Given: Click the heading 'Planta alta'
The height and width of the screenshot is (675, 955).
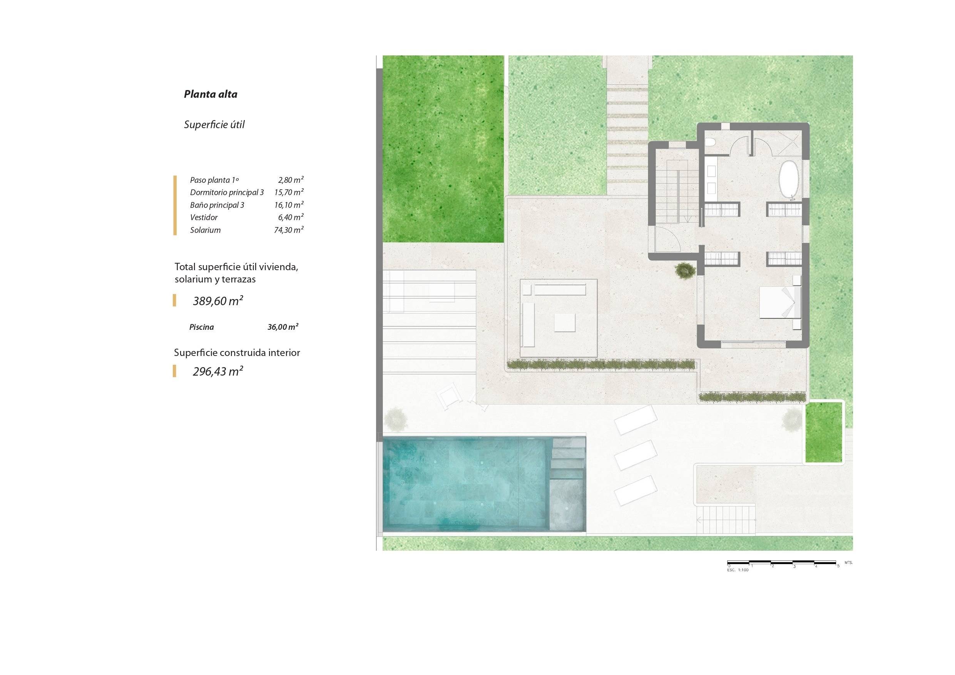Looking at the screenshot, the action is click(x=211, y=94).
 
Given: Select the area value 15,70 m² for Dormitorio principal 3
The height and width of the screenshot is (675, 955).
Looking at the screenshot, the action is click(x=289, y=192).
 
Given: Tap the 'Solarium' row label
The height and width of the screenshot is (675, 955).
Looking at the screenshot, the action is click(x=206, y=230).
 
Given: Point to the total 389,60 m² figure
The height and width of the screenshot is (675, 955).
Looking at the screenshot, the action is click(x=218, y=301).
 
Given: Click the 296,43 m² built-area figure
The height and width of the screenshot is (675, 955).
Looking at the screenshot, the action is click(x=218, y=371).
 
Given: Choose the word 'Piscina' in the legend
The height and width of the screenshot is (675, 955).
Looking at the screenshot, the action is click(x=202, y=327).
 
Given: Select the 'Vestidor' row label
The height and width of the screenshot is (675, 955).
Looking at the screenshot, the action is click(x=204, y=217).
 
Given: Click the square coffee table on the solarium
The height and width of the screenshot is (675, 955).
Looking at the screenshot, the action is click(x=565, y=323).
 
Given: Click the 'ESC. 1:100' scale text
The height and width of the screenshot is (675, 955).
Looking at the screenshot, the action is click(x=738, y=570).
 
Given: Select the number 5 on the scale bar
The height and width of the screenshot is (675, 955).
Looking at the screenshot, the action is click(x=838, y=566).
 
